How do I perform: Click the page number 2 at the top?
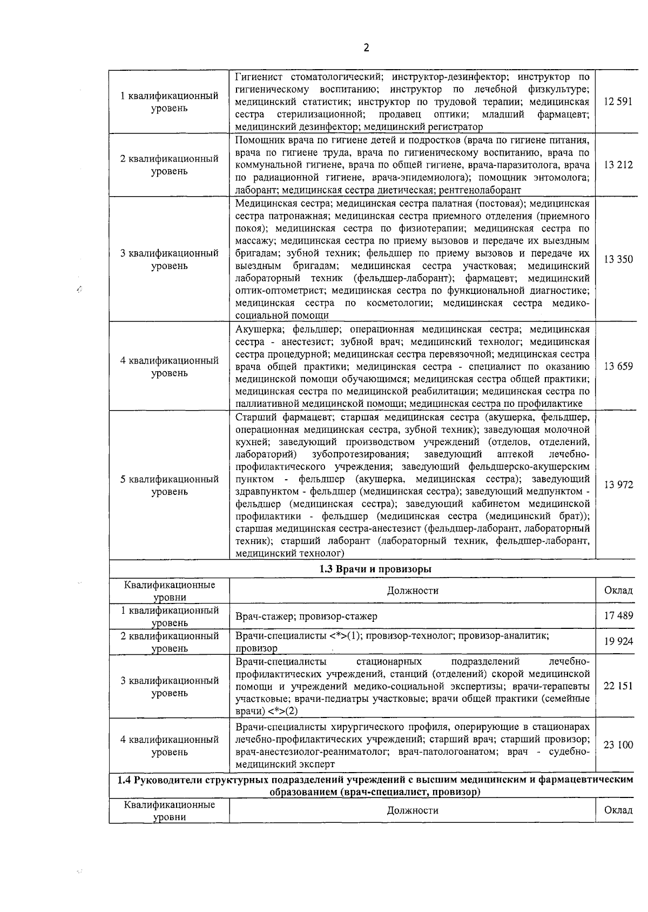(366, 48)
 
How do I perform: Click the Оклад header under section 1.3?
(618, 591)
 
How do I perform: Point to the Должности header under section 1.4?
(413, 810)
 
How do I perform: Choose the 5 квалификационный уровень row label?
(169, 485)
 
